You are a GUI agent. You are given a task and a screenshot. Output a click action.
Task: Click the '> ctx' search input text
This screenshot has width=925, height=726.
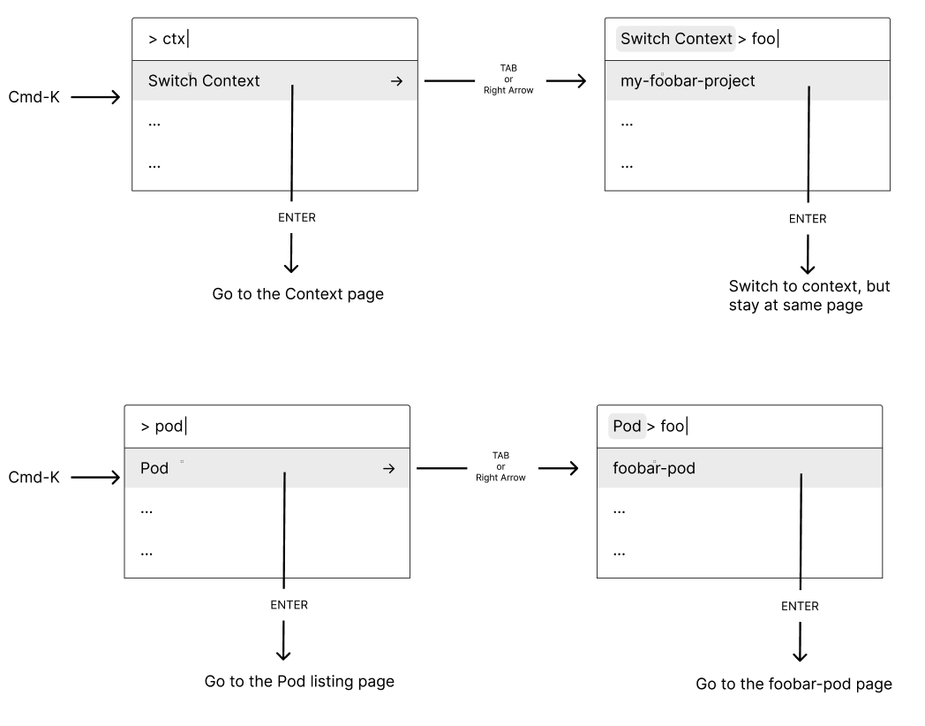click(168, 39)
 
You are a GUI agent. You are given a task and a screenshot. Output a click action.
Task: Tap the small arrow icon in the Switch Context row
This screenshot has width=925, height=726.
click(396, 81)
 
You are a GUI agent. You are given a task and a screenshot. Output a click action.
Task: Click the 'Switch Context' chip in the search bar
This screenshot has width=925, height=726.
click(675, 39)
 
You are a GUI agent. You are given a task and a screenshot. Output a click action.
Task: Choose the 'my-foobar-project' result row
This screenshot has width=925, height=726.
click(688, 81)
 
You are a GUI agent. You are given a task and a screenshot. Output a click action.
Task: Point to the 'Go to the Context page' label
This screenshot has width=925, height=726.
click(297, 294)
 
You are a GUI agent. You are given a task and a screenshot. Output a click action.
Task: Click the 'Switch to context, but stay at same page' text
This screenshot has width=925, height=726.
click(808, 296)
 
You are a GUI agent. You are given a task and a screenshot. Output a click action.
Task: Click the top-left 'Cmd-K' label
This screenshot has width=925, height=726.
click(34, 96)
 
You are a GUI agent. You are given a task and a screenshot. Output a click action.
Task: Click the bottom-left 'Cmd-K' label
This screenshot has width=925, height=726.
click(34, 477)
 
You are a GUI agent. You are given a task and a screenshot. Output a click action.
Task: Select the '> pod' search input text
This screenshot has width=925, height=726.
click(162, 427)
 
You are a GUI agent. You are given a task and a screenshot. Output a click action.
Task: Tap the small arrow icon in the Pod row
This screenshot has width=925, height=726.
click(388, 469)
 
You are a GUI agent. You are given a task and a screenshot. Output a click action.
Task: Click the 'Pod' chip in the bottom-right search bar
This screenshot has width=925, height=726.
click(627, 427)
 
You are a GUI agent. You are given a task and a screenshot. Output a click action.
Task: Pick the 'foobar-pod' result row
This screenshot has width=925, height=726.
click(654, 468)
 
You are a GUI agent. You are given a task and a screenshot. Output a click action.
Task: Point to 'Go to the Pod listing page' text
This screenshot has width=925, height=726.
click(299, 681)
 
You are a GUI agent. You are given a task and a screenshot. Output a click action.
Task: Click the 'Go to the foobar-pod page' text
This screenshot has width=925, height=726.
click(793, 684)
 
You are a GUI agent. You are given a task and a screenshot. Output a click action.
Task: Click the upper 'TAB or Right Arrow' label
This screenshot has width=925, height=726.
click(508, 79)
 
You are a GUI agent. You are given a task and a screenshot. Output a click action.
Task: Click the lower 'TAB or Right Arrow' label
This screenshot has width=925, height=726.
click(500, 466)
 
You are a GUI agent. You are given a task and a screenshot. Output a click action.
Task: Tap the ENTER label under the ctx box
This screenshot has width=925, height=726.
click(296, 218)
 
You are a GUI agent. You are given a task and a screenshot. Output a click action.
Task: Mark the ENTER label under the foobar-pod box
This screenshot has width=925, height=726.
click(800, 606)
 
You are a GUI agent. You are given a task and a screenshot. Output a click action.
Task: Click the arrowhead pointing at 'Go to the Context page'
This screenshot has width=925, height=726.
click(291, 268)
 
